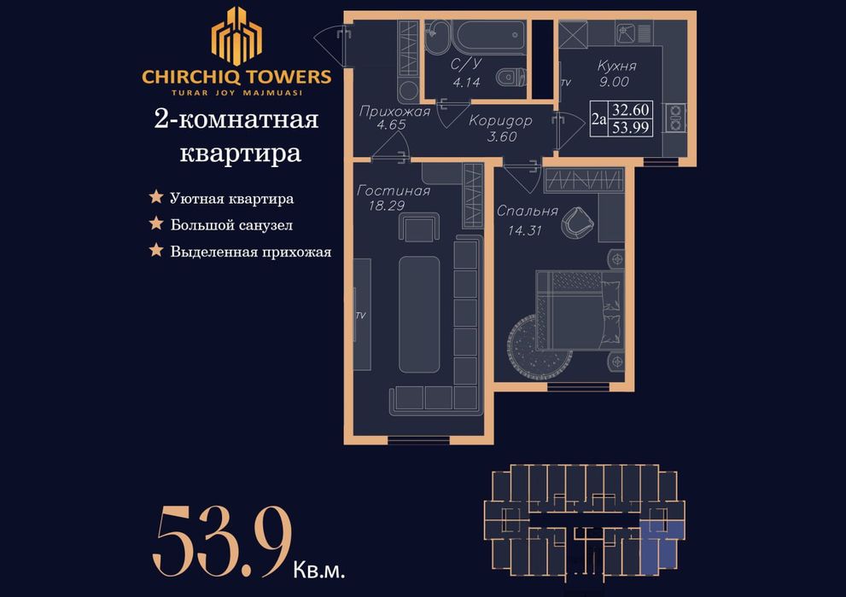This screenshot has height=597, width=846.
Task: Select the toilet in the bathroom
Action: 511,77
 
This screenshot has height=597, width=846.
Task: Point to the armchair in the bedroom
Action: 575,223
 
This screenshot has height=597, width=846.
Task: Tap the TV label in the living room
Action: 360,316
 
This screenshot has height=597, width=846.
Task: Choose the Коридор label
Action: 500,121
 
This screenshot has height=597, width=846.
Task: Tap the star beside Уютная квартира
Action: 156,198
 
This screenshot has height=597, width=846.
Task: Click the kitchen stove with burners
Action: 676,118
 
